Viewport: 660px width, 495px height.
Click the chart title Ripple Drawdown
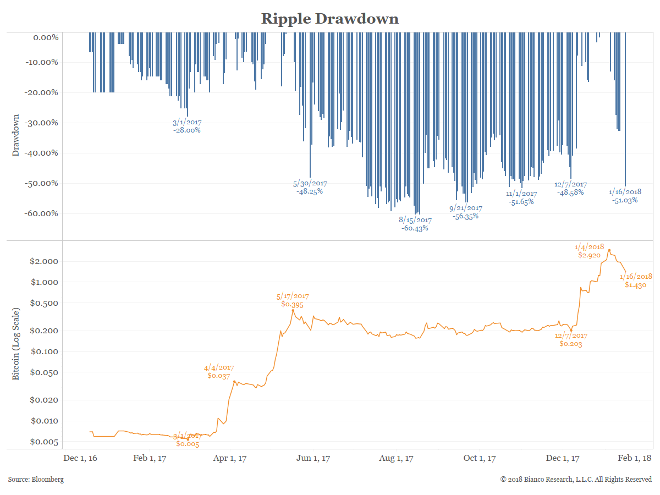(329, 18)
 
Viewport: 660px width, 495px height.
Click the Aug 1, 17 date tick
(396, 458)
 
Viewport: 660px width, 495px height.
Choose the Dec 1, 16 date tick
(80, 458)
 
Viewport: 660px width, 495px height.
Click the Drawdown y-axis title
(16, 135)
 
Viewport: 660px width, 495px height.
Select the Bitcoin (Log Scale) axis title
(16, 344)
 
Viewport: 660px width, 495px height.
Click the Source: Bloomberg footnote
(36, 480)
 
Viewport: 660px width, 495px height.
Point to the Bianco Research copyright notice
(576, 480)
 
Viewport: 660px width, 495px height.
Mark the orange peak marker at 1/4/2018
(609, 250)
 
